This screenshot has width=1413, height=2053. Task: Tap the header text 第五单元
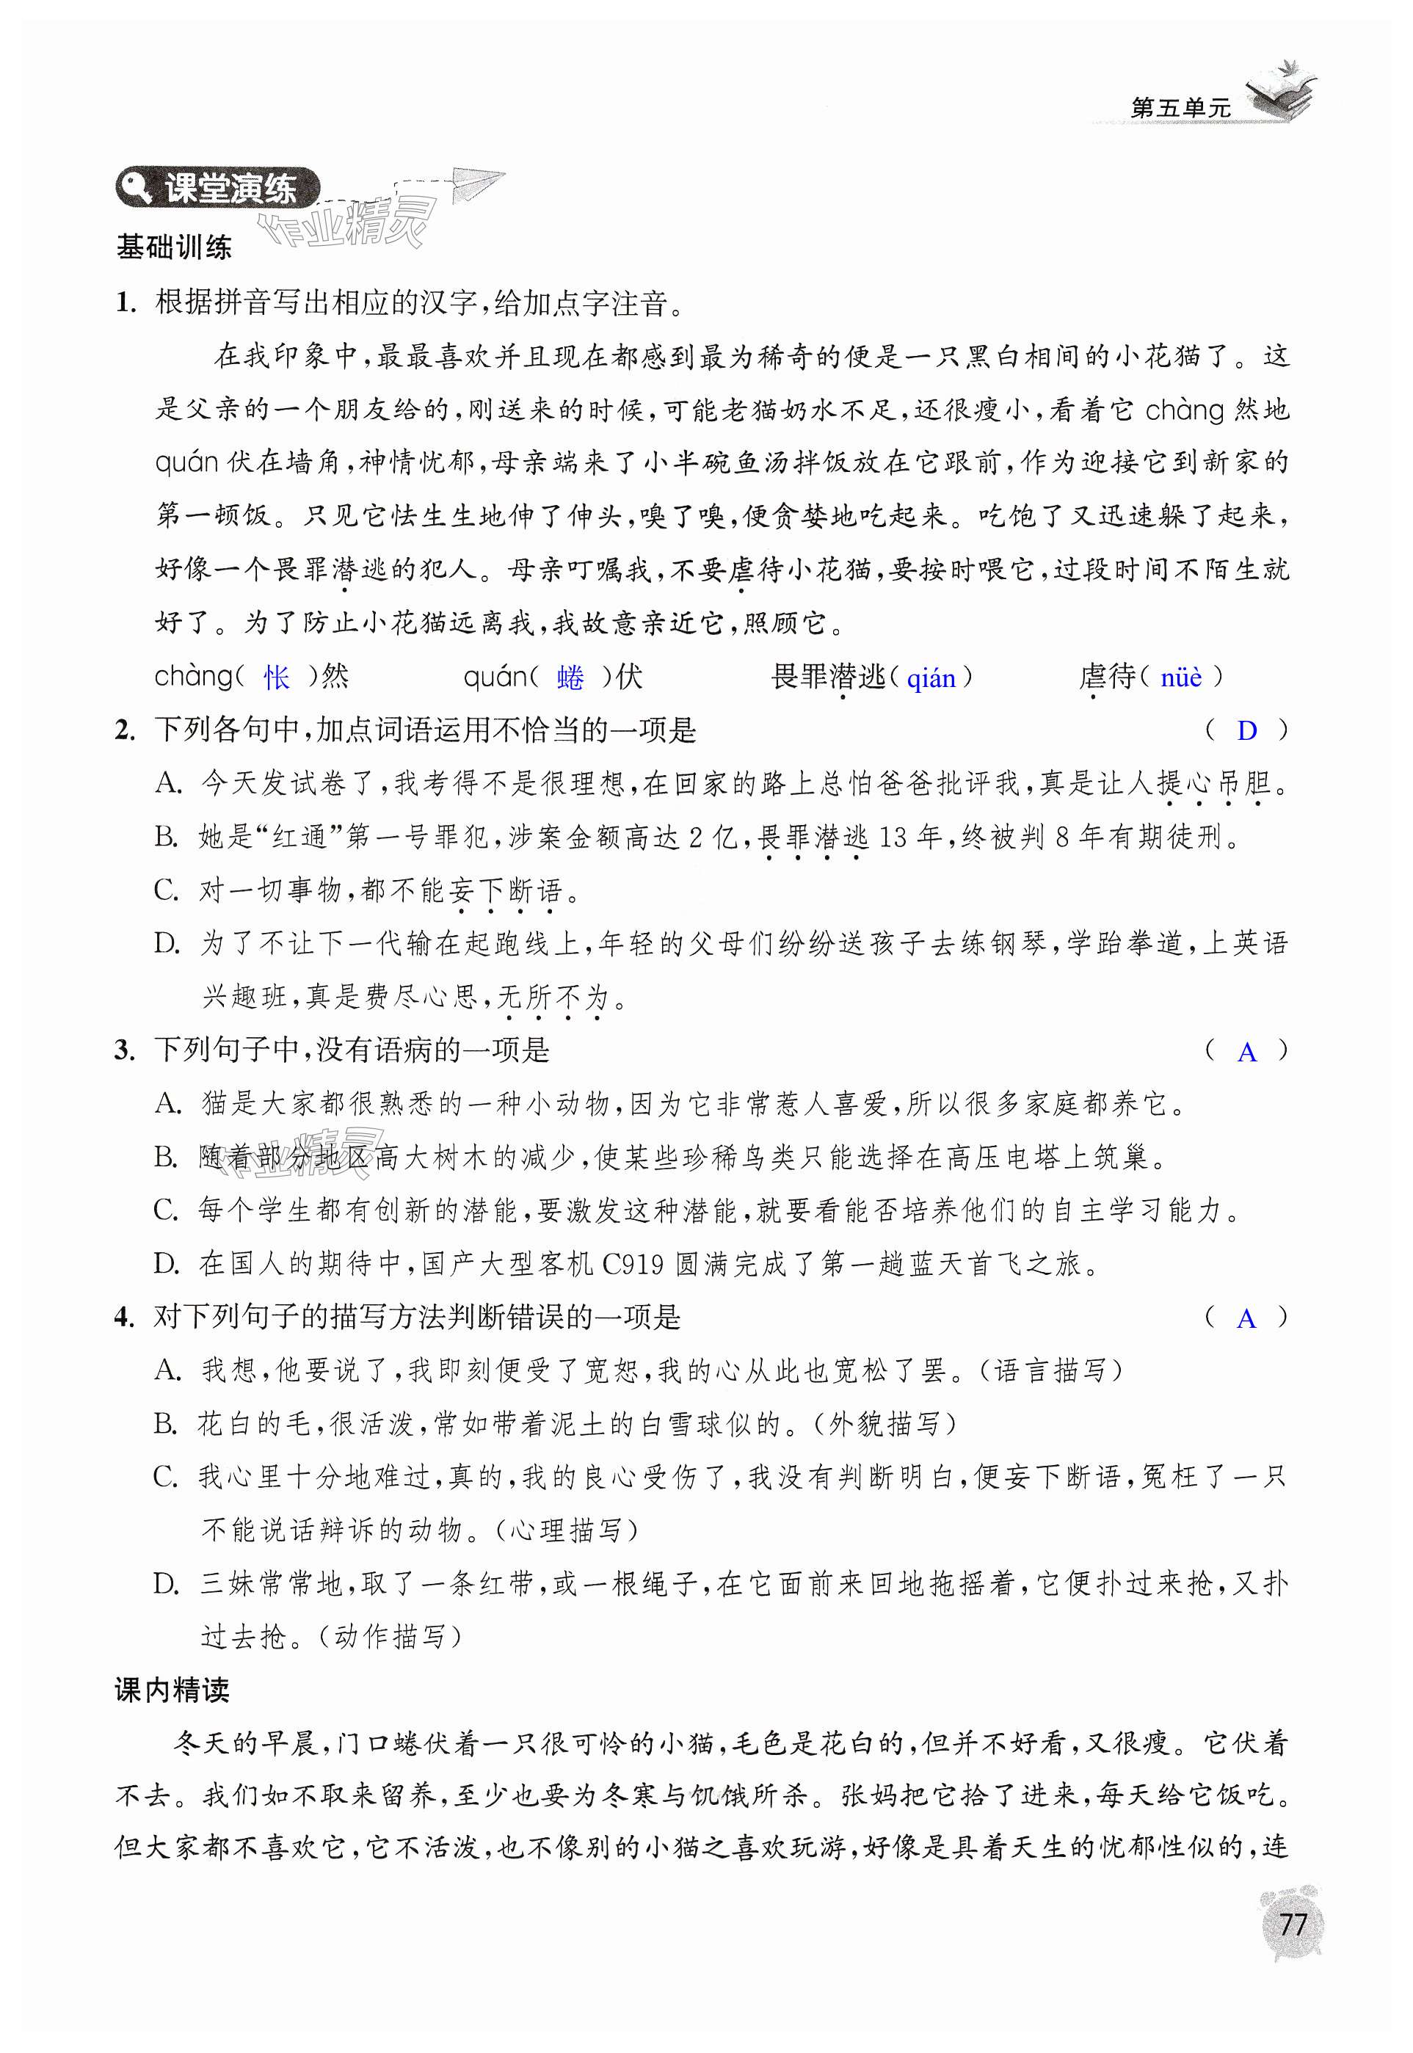(1181, 108)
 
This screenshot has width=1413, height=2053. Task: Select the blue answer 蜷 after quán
(570, 678)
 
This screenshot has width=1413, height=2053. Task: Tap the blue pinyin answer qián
(931, 679)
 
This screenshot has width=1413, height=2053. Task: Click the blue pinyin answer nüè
(1181, 678)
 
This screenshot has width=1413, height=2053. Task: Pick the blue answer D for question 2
(1246, 731)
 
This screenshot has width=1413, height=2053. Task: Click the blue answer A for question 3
(1246, 1052)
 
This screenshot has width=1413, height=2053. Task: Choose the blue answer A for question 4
(1246, 1319)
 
